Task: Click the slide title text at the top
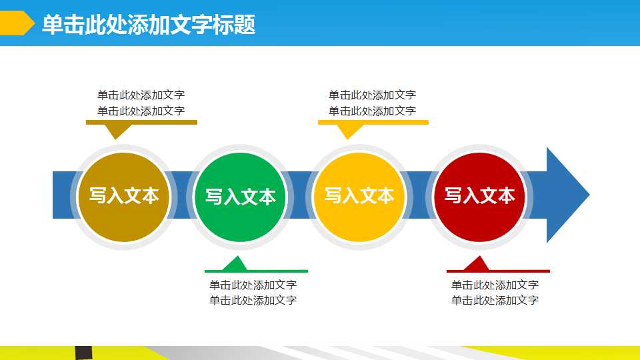(x=148, y=25)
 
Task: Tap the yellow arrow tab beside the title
(x=16, y=23)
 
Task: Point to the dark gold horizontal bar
(x=141, y=122)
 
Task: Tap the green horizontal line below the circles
(x=256, y=271)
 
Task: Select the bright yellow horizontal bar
(x=373, y=122)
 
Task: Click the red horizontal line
(x=498, y=271)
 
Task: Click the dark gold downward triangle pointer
(x=118, y=131)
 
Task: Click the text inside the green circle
(x=240, y=197)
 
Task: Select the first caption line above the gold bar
(x=141, y=95)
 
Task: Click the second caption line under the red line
(x=495, y=301)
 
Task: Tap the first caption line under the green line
(x=253, y=285)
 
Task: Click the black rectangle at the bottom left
(x=83, y=353)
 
